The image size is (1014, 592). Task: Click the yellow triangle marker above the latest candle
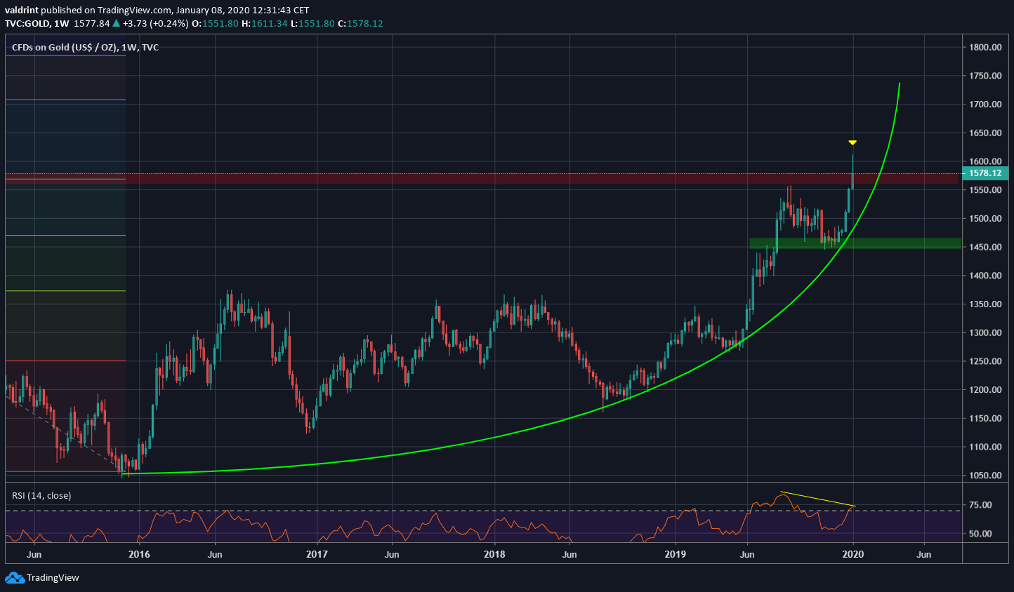click(852, 143)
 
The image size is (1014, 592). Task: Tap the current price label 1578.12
click(985, 173)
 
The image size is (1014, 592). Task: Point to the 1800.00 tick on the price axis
click(985, 47)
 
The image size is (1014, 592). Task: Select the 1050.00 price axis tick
click(985, 476)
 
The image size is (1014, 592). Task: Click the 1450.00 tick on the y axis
click(985, 247)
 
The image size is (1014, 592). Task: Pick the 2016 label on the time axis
click(139, 554)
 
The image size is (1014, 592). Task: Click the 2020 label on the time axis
click(852, 554)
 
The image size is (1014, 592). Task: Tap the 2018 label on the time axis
click(494, 554)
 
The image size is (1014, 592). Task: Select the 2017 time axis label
click(317, 554)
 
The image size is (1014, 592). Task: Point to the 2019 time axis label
click(675, 554)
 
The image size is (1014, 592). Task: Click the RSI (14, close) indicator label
click(41, 496)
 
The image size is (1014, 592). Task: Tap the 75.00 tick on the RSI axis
click(980, 505)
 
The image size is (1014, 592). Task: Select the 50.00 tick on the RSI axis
click(980, 534)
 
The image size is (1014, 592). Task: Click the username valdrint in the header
click(21, 10)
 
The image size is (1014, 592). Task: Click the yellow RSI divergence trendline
click(818, 499)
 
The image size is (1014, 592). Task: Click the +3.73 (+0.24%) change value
click(154, 23)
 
